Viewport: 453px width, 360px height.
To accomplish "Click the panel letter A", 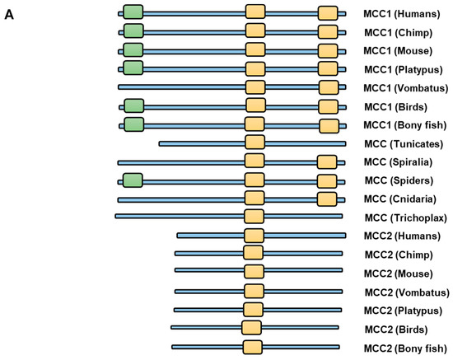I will [x=9, y=14].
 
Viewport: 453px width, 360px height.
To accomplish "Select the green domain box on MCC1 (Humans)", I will [x=133, y=12].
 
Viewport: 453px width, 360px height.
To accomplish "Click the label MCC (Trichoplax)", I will [x=405, y=217].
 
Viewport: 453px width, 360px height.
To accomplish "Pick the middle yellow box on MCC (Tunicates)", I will [x=255, y=143].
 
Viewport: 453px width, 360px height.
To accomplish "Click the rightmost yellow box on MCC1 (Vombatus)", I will [x=329, y=87].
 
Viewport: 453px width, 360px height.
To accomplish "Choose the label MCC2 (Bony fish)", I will [x=405, y=348].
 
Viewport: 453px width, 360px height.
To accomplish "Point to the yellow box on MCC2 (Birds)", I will [x=252, y=328].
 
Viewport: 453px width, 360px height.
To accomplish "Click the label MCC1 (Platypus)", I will [x=405, y=69].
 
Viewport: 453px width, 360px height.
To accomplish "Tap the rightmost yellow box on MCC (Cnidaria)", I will [x=327, y=199].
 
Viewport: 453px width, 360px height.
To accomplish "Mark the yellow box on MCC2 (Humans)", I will [x=254, y=236].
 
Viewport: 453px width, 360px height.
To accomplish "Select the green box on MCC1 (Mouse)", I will [x=133, y=50].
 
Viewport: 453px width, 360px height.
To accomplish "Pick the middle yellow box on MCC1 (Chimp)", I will [x=255, y=31].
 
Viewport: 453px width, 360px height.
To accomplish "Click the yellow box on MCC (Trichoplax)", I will [x=255, y=217].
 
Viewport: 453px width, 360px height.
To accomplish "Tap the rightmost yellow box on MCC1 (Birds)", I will [x=329, y=105].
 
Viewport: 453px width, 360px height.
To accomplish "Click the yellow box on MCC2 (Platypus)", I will [x=254, y=310].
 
